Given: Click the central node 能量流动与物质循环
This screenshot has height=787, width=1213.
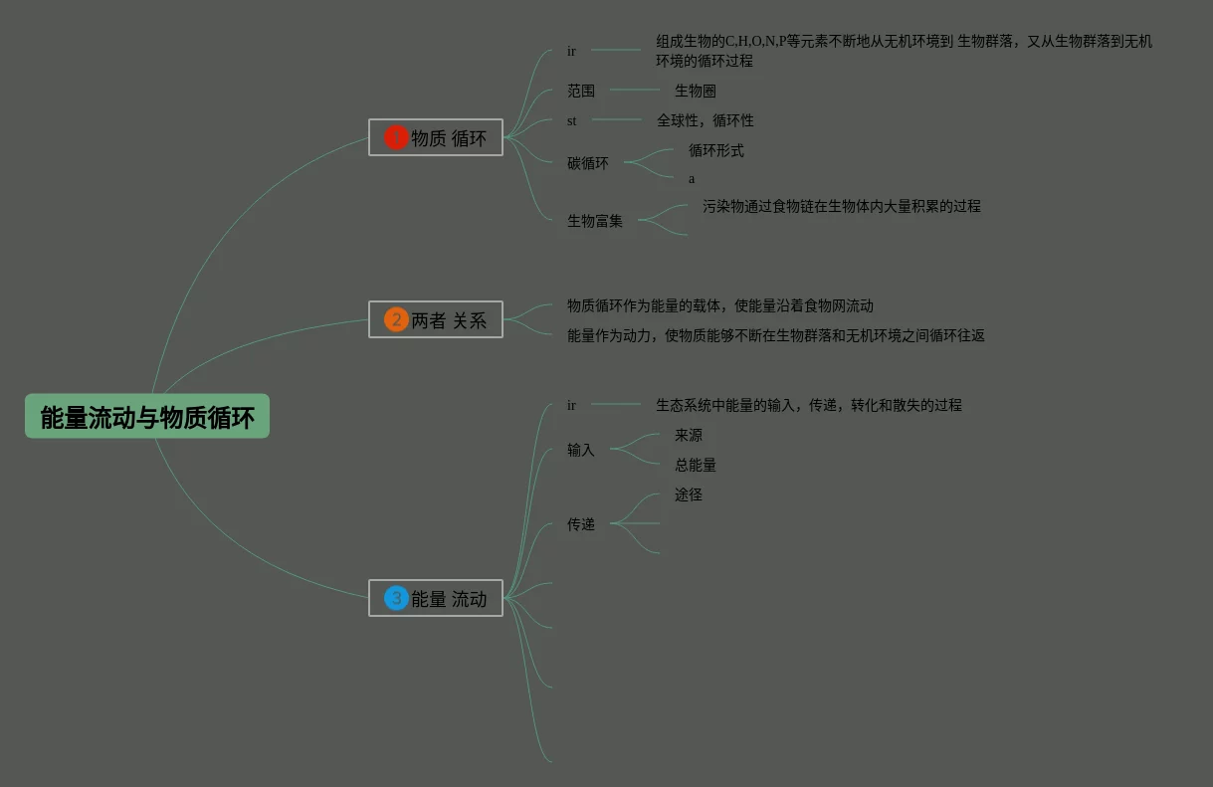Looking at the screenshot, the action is pos(147,417).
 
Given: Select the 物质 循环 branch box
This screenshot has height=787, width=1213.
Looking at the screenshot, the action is pos(436,137).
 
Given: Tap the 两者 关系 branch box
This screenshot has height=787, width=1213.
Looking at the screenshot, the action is pos(436,319).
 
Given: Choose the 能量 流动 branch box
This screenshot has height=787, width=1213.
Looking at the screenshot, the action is pos(436,598).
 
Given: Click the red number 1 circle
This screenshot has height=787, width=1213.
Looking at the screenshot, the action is pos(396,137).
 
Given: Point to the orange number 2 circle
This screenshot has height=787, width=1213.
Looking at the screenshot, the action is pos(396,319).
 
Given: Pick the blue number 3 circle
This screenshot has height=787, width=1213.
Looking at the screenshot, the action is pos(396,598).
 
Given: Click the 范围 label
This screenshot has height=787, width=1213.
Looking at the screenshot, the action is pos(581,91).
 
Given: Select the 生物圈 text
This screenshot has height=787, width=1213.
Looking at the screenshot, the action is pos(696,91).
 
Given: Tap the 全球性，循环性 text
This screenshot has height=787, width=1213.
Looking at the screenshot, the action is pos(705,120).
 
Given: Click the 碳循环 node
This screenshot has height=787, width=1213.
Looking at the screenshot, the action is pos(588,163).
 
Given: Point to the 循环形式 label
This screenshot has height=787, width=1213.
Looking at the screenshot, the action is pos(716,150).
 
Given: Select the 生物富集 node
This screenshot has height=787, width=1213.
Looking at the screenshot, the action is pos(595,221).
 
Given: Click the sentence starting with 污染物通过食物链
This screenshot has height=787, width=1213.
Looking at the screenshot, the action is pos(841,206).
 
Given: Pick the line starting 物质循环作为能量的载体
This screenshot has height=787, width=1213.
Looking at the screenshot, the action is pos(720,305).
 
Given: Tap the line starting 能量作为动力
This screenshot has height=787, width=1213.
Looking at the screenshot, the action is pos(776,335).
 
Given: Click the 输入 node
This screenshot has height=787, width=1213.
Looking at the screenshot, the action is pos(581,450).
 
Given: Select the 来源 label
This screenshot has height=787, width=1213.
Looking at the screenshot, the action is pos(689,435).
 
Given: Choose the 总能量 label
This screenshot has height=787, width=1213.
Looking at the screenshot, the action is pos(696,465).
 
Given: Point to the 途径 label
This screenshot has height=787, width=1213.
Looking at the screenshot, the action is pos(689,494).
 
